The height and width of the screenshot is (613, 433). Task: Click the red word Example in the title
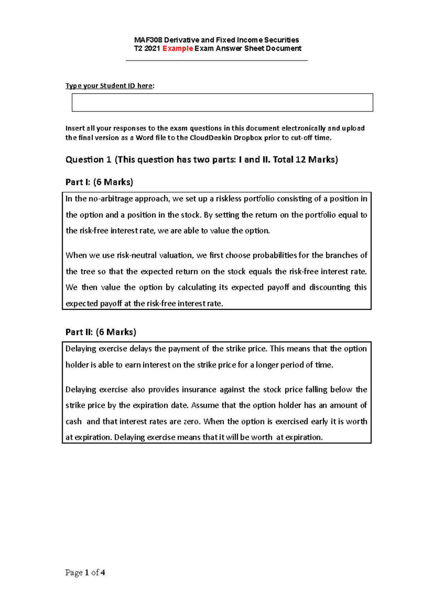point(178,48)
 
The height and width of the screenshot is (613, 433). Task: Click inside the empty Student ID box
point(222,103)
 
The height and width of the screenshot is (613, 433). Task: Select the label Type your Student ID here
point(109,86)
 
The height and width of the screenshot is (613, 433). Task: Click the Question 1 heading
point(88,160)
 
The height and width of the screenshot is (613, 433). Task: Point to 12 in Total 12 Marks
point(300,160)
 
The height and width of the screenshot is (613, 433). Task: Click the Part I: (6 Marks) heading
point(99,182)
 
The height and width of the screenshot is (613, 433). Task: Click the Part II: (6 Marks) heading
point(101,332)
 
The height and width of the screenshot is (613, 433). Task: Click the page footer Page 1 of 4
point(85,573)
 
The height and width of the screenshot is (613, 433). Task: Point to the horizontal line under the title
point(216,60)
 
